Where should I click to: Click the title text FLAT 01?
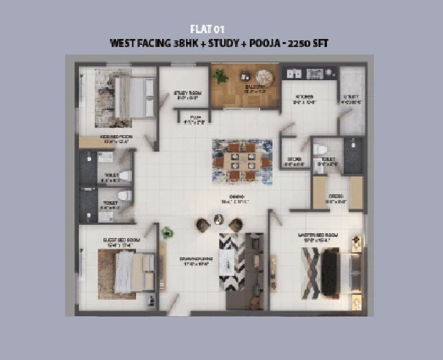point(207,30)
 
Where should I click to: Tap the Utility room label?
point(353,99)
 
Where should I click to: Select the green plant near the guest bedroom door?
point(167,232)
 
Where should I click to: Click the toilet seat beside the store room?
point(319,149)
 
